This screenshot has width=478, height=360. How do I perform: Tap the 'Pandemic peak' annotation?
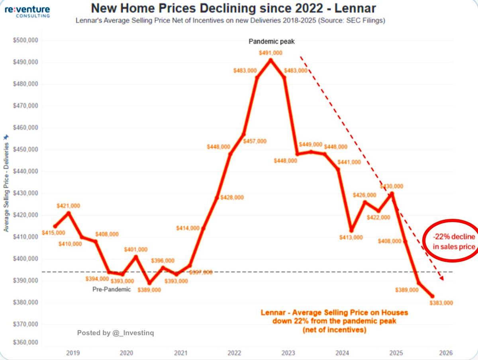pos(271,41)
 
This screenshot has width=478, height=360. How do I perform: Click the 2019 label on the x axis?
pos(72,353)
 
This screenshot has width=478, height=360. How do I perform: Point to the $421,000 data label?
pos(69,205)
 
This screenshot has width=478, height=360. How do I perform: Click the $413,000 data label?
pos(352,237)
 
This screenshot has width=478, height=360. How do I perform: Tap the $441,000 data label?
pos(349,162)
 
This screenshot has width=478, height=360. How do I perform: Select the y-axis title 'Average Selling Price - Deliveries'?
pos(6,183)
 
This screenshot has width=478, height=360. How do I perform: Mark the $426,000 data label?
pos(364,195)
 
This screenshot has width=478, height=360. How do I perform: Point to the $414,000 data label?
pos(188,228)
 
